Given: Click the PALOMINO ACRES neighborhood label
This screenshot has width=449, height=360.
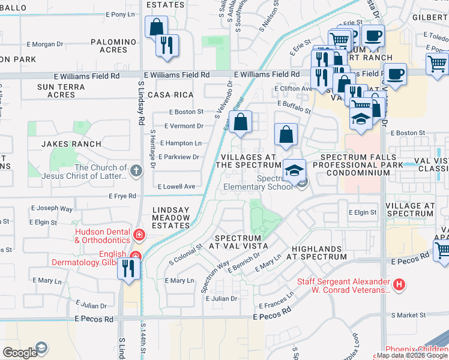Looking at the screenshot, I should [113, 46].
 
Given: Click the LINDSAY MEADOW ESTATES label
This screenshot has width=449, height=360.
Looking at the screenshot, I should [171, 217].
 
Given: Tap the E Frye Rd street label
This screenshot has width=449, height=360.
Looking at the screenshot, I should [124, 196].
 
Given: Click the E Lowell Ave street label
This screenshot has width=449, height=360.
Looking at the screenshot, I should [176, 187].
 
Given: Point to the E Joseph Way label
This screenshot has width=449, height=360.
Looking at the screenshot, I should [52, 209].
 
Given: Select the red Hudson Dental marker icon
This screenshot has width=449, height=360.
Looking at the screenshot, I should [139, 234].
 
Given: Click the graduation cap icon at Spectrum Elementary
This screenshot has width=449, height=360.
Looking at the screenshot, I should [294, 170].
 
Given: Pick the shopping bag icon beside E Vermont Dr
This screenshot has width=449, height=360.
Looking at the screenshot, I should [240, 123].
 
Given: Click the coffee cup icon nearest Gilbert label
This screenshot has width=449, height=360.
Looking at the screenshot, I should [373, 35].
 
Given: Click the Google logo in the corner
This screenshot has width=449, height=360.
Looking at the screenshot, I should [20, 353].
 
